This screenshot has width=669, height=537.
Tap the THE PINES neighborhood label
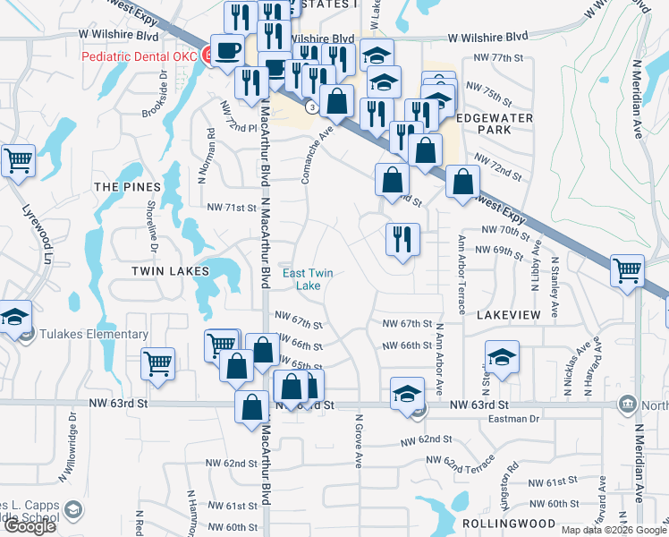coord(128,187)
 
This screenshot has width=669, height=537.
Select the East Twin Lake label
coord(301,279)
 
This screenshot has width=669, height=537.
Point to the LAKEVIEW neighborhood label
coord(509,316)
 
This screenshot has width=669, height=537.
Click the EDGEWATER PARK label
coord(495,124)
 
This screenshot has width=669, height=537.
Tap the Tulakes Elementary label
coord(94,335)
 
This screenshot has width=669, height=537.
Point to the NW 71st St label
coord(232,208)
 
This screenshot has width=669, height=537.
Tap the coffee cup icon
coord(225,50)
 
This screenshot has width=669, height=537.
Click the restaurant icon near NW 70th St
coord(402,239)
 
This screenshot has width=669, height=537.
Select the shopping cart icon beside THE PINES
coord(17,162)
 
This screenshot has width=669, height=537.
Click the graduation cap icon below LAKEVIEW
coord(503,357)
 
